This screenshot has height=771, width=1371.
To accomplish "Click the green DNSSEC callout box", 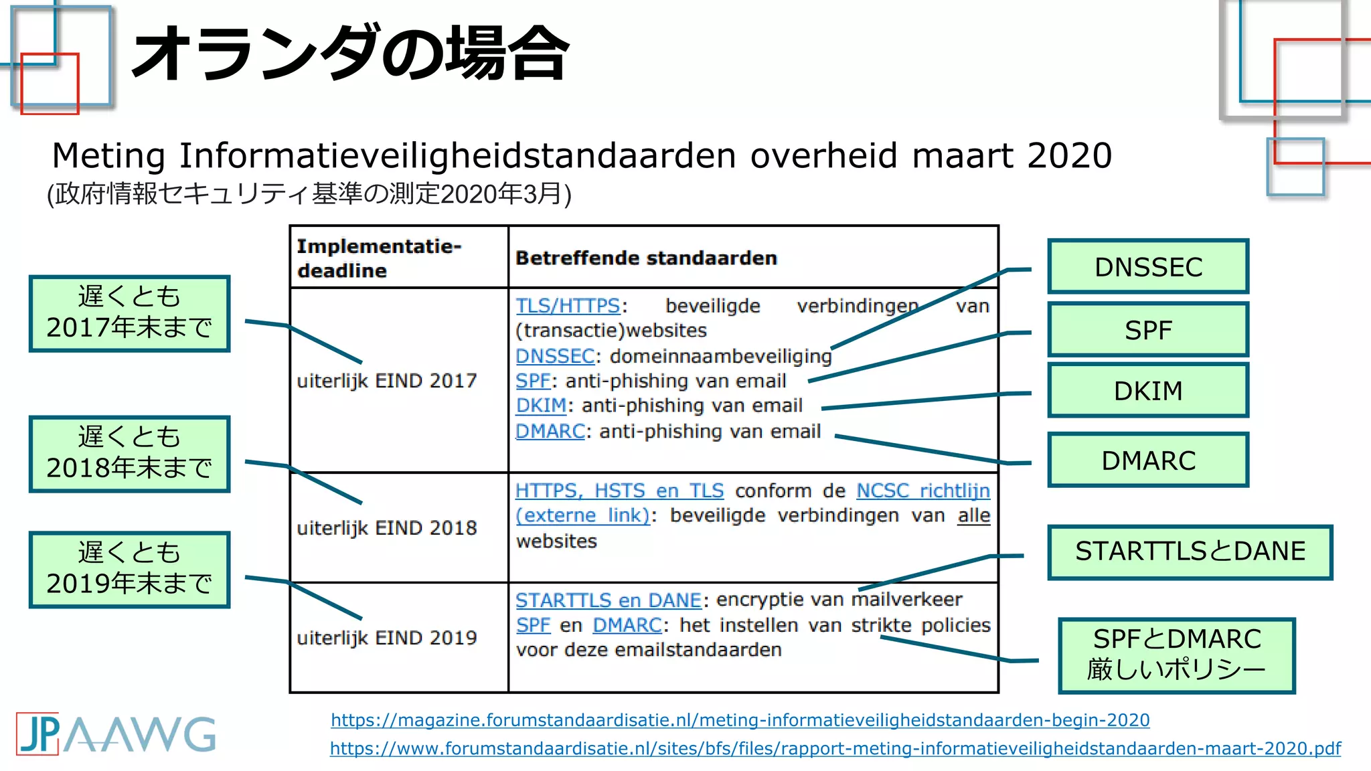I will pos(1148,266).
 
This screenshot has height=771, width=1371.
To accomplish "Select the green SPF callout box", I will pos(1148,329).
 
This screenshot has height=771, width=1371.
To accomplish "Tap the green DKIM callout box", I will pos(1148,390).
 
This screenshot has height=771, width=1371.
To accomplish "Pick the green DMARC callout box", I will pos(1148,460).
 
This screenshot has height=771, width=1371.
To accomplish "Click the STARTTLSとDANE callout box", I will pos(1190,551).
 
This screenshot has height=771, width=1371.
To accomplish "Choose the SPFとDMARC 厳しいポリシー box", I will pos(1176,655).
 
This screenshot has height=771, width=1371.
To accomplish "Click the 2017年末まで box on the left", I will pos(129,313).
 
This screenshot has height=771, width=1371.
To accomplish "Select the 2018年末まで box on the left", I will pos(129,454).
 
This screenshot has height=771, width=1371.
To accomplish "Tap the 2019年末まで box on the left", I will pos(129,569).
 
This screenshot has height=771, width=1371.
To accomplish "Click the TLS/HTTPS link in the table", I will pos(568,306).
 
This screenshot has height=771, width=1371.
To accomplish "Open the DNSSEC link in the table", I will pos(555,356).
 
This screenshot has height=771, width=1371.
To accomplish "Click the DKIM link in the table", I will pos(541,406).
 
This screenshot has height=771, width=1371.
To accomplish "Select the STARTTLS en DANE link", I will pos(608,600).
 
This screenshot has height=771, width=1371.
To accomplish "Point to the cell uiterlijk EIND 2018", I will pos(386,528).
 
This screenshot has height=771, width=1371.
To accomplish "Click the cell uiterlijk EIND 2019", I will pos(386,638).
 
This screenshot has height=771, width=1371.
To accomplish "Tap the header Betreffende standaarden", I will pos(646,258).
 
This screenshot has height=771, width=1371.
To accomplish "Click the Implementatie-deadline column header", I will pos(379,258).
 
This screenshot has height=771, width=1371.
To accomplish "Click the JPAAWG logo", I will pos(115,734).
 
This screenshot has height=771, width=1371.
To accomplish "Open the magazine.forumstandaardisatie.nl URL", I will pos(740,720).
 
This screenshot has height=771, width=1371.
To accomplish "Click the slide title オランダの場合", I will pos(350,54).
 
